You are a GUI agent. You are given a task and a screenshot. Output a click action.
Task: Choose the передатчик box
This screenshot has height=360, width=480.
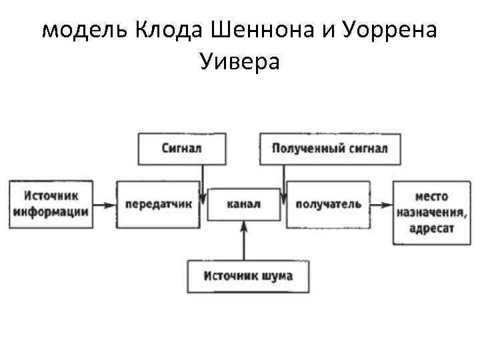tap(158, 204)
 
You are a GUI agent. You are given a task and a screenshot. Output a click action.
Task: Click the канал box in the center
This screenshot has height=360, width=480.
tap(244, 204)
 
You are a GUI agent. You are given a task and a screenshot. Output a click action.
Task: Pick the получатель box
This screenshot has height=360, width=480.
tap(328, 204)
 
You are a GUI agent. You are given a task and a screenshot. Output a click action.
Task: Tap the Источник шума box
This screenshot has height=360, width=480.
tap(247, 276)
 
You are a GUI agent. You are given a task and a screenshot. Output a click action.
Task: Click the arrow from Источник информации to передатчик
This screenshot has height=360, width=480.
tap(103, 205)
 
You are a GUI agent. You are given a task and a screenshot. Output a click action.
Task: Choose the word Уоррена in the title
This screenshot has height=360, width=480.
tap(385, 32)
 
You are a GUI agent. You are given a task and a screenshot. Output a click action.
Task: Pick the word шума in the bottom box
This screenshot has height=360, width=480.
tap(277, 276)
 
